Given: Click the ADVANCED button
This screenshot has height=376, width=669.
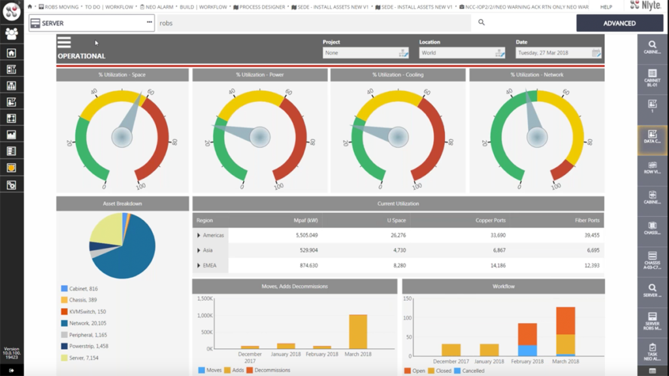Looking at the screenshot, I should (x=619, y=23).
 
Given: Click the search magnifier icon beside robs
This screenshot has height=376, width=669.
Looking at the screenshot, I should (x=481, y=23).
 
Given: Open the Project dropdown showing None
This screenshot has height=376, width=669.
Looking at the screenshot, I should (x=366, y=53).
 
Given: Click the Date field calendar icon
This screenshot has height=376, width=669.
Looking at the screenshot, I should (x=596, y=53).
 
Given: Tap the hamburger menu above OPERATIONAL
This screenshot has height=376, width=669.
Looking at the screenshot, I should (x=64, y=43).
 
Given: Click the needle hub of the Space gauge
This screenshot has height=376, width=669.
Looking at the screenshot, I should (x=122, y=137).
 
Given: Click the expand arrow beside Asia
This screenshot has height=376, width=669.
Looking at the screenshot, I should (x=199, y=250).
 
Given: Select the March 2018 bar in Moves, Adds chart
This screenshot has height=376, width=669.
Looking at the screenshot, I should (x=357, y=332).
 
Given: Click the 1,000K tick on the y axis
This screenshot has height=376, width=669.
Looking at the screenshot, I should (x=204, y=315).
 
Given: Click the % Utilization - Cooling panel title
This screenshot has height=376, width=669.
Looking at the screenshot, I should (x=398, y=75).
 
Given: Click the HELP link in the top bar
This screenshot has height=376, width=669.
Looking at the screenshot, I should (x=606, y=7).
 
